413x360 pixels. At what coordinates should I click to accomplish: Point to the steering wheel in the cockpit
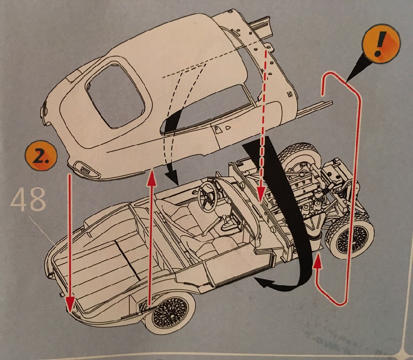209,195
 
